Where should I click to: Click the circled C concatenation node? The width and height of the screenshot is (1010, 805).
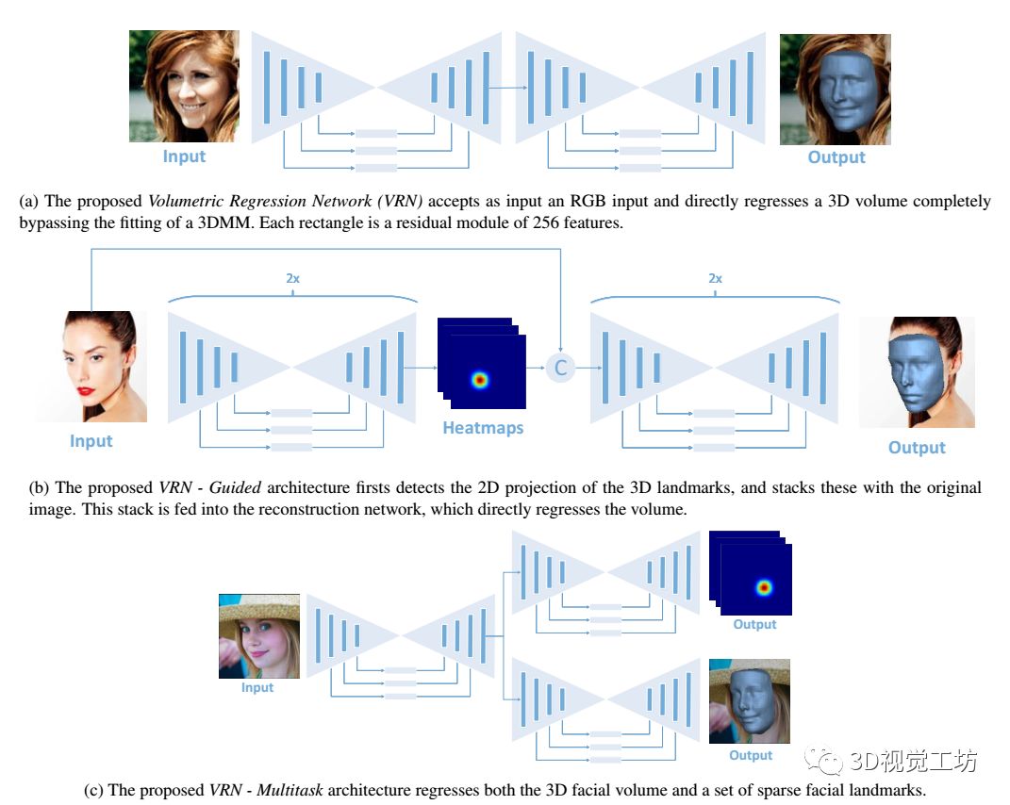point(560,369)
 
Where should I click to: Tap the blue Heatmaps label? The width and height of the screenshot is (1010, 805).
point(482,428)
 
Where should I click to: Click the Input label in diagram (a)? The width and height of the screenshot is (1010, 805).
point(184,156)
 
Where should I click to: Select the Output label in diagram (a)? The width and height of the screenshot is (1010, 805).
point(836,157)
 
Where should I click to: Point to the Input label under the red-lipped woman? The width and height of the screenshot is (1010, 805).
point(91,441)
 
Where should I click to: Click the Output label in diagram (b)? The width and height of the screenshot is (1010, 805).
point(917,448)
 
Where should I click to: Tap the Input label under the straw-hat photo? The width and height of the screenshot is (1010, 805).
point(257,687)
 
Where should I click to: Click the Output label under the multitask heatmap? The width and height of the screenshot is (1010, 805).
point(754,624)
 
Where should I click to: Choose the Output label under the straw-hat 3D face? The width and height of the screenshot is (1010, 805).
point(751,755)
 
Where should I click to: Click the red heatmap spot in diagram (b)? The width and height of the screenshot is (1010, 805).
point(481,380)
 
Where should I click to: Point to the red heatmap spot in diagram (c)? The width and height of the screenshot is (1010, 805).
point(763,588)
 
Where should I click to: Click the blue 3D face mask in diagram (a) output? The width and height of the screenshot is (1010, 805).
point(841,90)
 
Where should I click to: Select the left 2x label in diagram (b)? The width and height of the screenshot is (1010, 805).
point(293,279)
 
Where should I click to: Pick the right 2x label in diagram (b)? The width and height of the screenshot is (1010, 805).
point(715,279)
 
